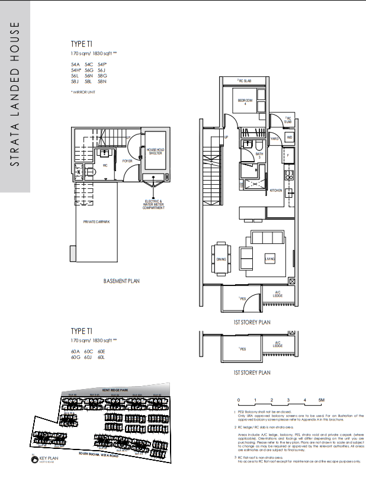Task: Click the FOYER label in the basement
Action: [x=127, y=160]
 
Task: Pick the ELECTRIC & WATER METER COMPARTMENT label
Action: [x=154, y=205]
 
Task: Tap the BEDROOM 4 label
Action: [x=246, y=102]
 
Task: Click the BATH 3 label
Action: [x=259, y=156]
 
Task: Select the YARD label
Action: [x=274, y=139]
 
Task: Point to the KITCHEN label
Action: [x=276, y=191]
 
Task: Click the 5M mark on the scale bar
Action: [x=321, y=401]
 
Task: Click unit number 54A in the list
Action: [x=75, y=64]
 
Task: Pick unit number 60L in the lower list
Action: [x=101, y=357]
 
